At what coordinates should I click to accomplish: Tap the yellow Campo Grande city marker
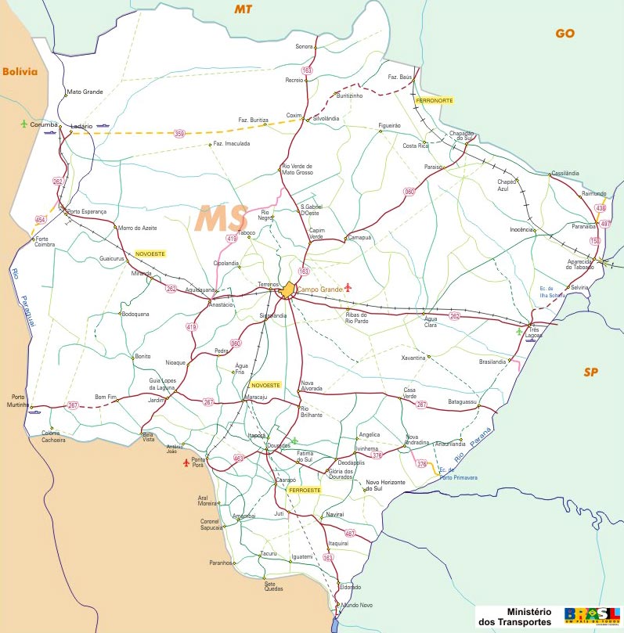289,290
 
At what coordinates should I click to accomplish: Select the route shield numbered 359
180,134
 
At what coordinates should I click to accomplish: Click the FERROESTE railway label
305,490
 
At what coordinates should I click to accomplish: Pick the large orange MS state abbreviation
222,218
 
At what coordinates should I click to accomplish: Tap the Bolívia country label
20,71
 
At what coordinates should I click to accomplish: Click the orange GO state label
564,33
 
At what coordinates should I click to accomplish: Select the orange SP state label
590,372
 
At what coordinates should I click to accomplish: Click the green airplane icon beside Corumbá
24,124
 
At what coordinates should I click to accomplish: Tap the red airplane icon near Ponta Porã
186,463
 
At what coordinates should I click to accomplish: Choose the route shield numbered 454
41,220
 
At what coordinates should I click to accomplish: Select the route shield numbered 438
600,208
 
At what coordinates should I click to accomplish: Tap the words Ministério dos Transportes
519,616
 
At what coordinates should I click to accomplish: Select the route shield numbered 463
239,458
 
